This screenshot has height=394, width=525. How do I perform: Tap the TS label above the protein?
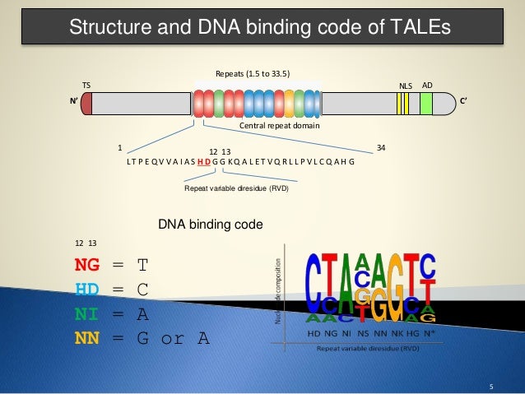coord(85,85)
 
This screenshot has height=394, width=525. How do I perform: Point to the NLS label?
coord(404,85)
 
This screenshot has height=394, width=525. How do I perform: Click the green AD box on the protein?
coord(426,104)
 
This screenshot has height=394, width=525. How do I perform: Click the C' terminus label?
coord(464,103)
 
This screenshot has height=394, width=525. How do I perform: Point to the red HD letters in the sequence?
coord(203,161)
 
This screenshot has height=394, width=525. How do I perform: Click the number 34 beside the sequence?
coord(380,148)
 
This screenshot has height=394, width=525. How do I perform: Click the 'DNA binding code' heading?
coord(211,223)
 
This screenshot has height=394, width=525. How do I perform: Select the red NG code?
coord(86,265)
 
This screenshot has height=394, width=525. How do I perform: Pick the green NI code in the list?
coord(86,313)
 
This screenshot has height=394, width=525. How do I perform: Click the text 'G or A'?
coord(173,337)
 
